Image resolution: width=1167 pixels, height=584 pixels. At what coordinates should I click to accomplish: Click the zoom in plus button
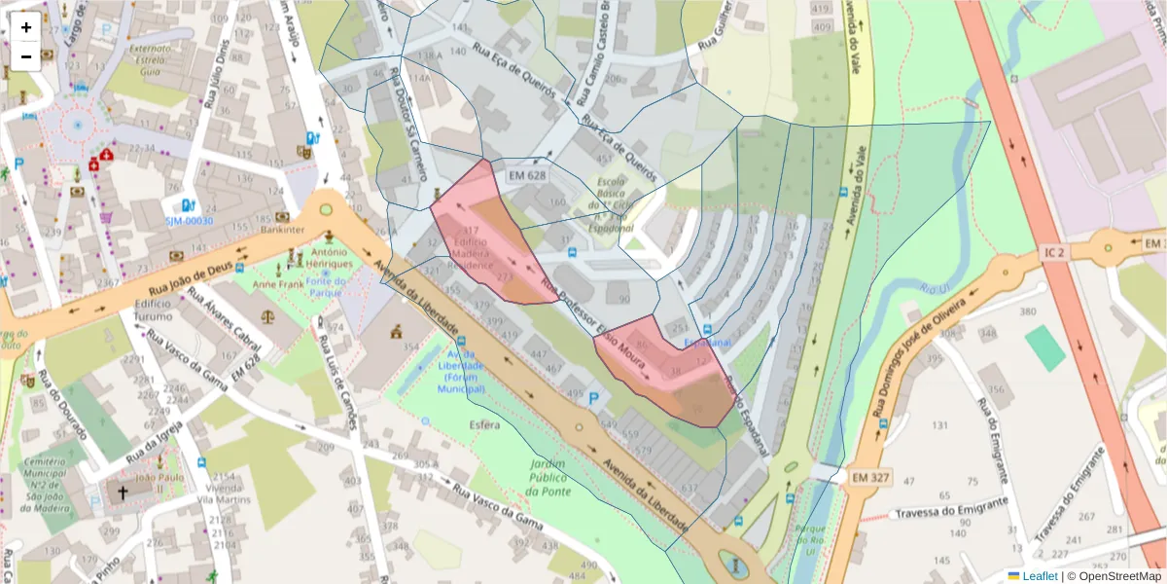point(26,27)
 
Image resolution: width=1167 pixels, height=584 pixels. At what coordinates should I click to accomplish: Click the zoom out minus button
point(26,56)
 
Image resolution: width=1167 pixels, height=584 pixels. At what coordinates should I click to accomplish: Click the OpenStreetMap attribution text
point(1119,576)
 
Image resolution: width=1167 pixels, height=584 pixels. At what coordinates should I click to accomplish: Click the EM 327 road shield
point(871,478)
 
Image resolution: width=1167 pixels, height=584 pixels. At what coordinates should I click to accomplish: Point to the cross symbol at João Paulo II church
point(123,493)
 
